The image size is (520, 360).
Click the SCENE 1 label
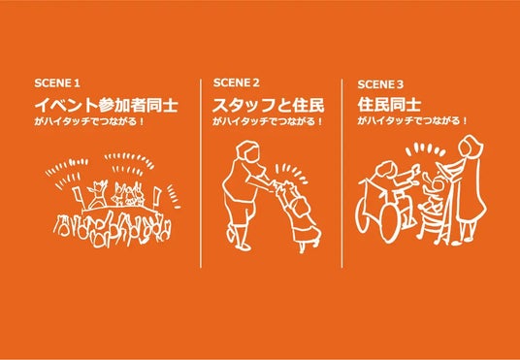(57, 83)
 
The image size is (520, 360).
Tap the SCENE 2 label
(236, 82)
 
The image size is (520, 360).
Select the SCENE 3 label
(380, 85)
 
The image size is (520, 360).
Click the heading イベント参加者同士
(107, 106)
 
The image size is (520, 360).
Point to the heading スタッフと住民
(269, 106)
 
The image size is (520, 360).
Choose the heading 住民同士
(389, 106)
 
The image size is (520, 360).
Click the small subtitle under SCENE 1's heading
(89, 121)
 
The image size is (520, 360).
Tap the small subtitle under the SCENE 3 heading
(412, 121)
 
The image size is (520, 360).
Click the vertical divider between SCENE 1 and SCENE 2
(201, 173)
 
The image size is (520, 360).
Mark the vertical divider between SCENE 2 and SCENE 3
(341, 173)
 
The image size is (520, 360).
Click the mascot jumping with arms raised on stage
(97, 193)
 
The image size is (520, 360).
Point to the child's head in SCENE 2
(300, 210)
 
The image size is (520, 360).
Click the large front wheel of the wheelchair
(389, 220)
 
